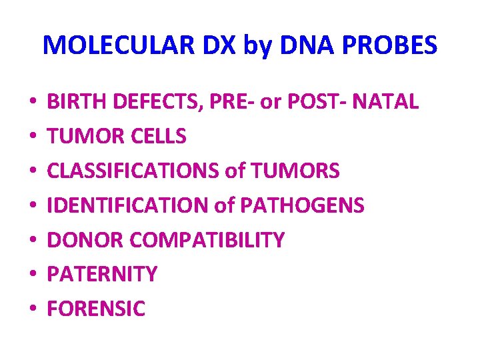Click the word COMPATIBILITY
(207, 240)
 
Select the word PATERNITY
(102, 274)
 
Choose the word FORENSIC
(96, 309)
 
